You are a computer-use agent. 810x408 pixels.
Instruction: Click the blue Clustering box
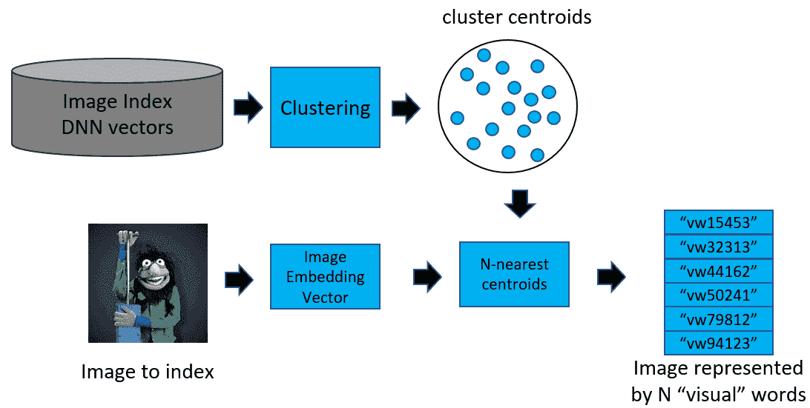pyautogui.click(x=325, y=107)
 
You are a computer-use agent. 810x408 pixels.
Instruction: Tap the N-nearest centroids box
pyautogui.click(x=514, y=274)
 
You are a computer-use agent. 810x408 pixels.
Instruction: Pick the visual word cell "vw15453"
pyautogui.click(x=717, y=223)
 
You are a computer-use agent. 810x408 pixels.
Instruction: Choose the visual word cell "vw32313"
pyautogui.click(x=717, y=247)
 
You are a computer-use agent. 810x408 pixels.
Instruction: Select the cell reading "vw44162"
pyautogui.click(x=717, y=270)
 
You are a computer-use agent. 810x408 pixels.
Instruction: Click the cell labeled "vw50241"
pyautogui.click(x=717, y=295)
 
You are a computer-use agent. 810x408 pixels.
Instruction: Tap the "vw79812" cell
pyautogui.click(x=717, y=318)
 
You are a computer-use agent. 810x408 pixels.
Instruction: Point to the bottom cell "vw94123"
pyautogui.click(x=717, y=342)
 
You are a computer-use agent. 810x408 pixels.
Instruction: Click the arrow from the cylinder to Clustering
pyautogui.click(x=248, y=107)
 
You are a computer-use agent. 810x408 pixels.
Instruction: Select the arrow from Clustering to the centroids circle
pyautogui.click(x=405, y=107)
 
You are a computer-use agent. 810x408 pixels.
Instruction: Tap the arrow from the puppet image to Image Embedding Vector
pyautogui.click(x=239, y=279)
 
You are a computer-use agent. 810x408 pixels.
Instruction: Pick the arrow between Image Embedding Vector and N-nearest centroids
pyautogui.click(x=427, y=277)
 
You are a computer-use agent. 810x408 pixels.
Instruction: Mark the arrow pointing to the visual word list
pyautogui.click(x=611, y=277)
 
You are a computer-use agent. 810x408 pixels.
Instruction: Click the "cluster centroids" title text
pyautogui.click(x=517, y=16)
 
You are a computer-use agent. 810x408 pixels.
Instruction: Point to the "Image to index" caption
pyautogui.click(x=148, y=372)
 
